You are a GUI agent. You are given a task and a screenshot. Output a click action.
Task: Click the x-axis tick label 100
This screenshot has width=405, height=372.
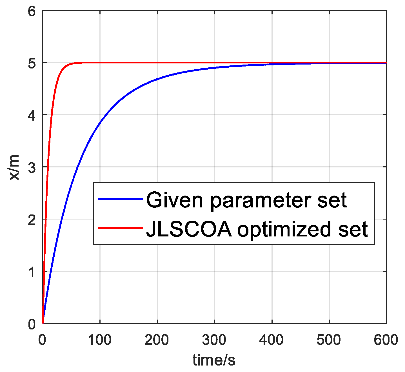pos(100,340)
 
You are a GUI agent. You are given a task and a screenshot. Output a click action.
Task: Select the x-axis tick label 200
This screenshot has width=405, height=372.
pos(157,340)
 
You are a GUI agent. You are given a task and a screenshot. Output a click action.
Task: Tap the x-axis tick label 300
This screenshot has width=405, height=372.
pos(214,340)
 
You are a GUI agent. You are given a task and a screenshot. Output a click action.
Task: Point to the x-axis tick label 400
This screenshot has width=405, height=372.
pos(272,340)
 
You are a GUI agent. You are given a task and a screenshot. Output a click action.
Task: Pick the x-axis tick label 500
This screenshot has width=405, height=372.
pos(329,340)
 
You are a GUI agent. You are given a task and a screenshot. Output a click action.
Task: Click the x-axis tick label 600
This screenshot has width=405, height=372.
pos(386,340)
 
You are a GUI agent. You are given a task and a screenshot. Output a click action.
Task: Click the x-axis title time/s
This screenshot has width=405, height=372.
pos(214,360)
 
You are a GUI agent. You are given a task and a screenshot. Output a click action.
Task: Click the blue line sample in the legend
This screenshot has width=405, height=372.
pos(120,199)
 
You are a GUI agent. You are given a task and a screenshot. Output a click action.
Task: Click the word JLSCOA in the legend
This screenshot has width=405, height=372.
pos(189,229)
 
